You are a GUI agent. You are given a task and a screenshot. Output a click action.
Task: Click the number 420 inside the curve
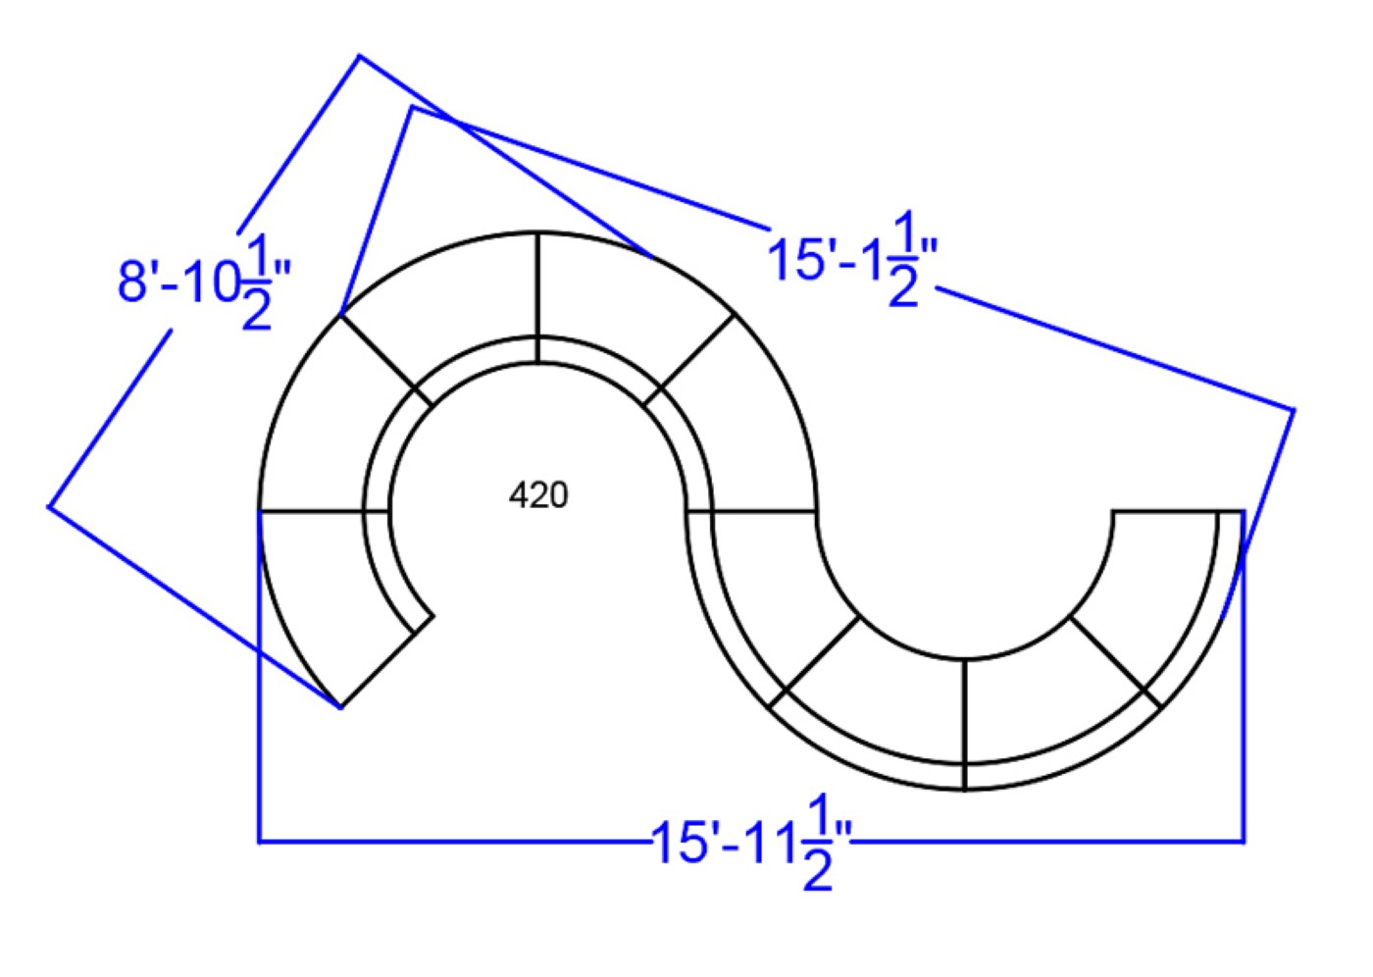(x=538, y=495)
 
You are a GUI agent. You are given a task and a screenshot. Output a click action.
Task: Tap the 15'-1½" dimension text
(x=852, y=259)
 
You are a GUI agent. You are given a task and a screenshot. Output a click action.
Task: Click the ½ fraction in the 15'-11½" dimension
(x=817, y=842)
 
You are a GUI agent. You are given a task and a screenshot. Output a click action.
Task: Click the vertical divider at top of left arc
(x=537, y=298)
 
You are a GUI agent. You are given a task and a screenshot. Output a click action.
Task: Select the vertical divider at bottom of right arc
(x=964, y=725)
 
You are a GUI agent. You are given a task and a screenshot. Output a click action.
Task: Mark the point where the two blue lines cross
(x=452, y=120)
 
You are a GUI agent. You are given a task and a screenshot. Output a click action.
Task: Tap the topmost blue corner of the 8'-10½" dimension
(x=359, y=56)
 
